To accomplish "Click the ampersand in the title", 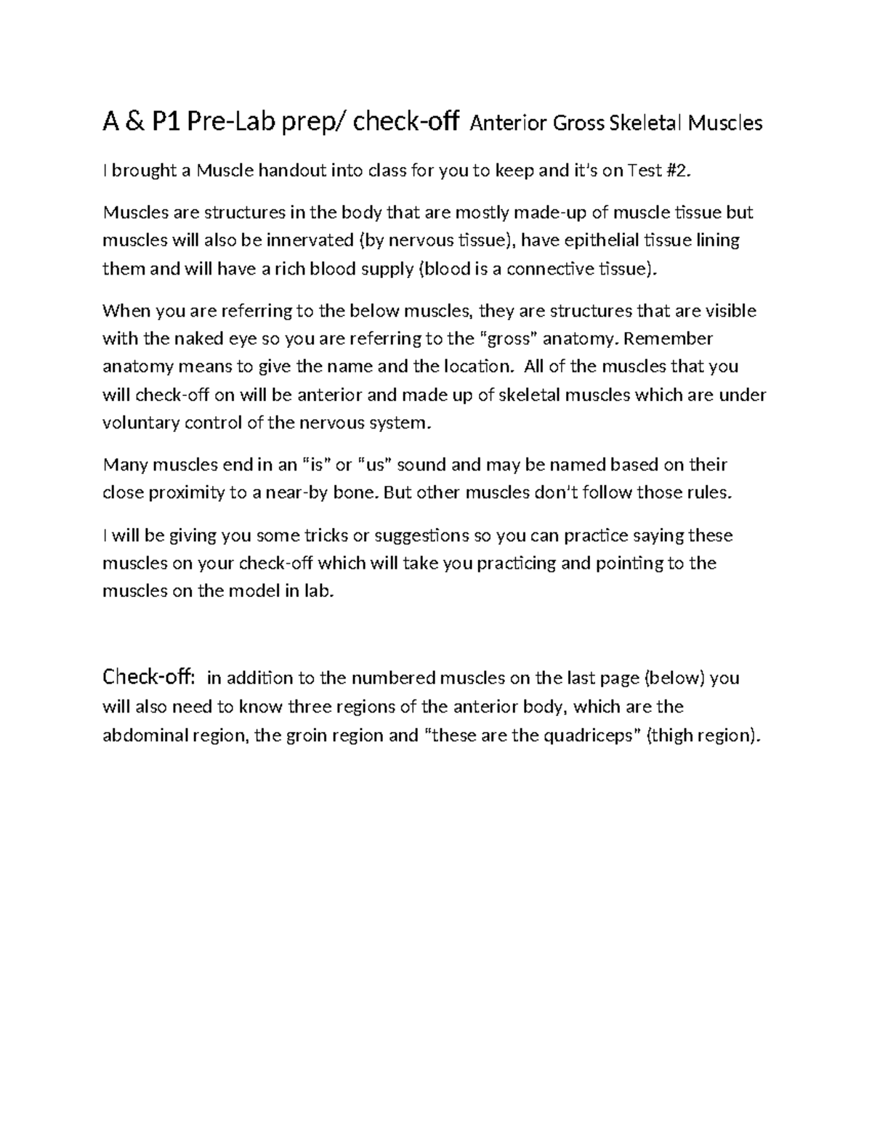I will [x=136, y=123].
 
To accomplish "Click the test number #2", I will [x=674, y=171].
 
